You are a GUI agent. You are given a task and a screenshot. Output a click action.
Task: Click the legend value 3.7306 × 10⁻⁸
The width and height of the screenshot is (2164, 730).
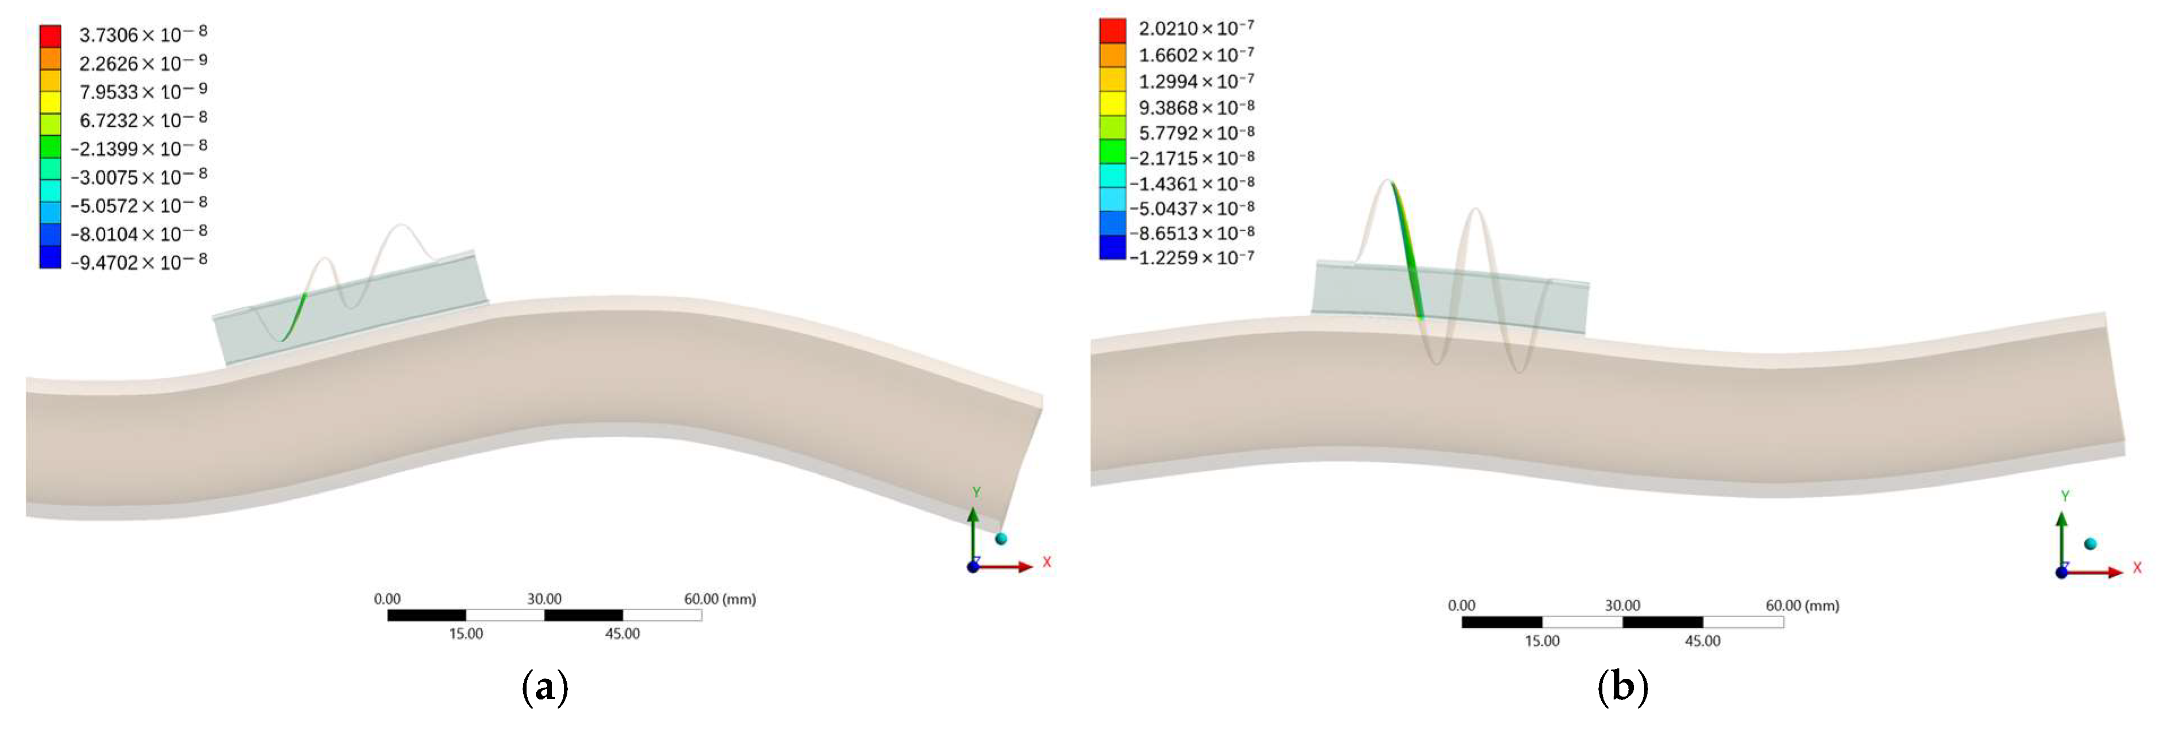[143, 34]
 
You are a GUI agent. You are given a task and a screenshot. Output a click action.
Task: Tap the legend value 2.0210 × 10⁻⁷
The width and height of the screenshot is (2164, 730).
[1196, 29]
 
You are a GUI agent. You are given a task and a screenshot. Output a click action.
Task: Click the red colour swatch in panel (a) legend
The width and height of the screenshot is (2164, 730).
[50, 36]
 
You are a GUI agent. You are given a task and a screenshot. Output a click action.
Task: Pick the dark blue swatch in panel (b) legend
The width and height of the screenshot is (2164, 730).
[1112, 247]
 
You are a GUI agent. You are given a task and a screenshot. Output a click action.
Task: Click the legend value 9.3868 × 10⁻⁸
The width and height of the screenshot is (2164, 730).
[1196, 107]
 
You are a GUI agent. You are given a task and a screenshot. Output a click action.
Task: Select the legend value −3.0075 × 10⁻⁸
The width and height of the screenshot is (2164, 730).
[139, 177]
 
